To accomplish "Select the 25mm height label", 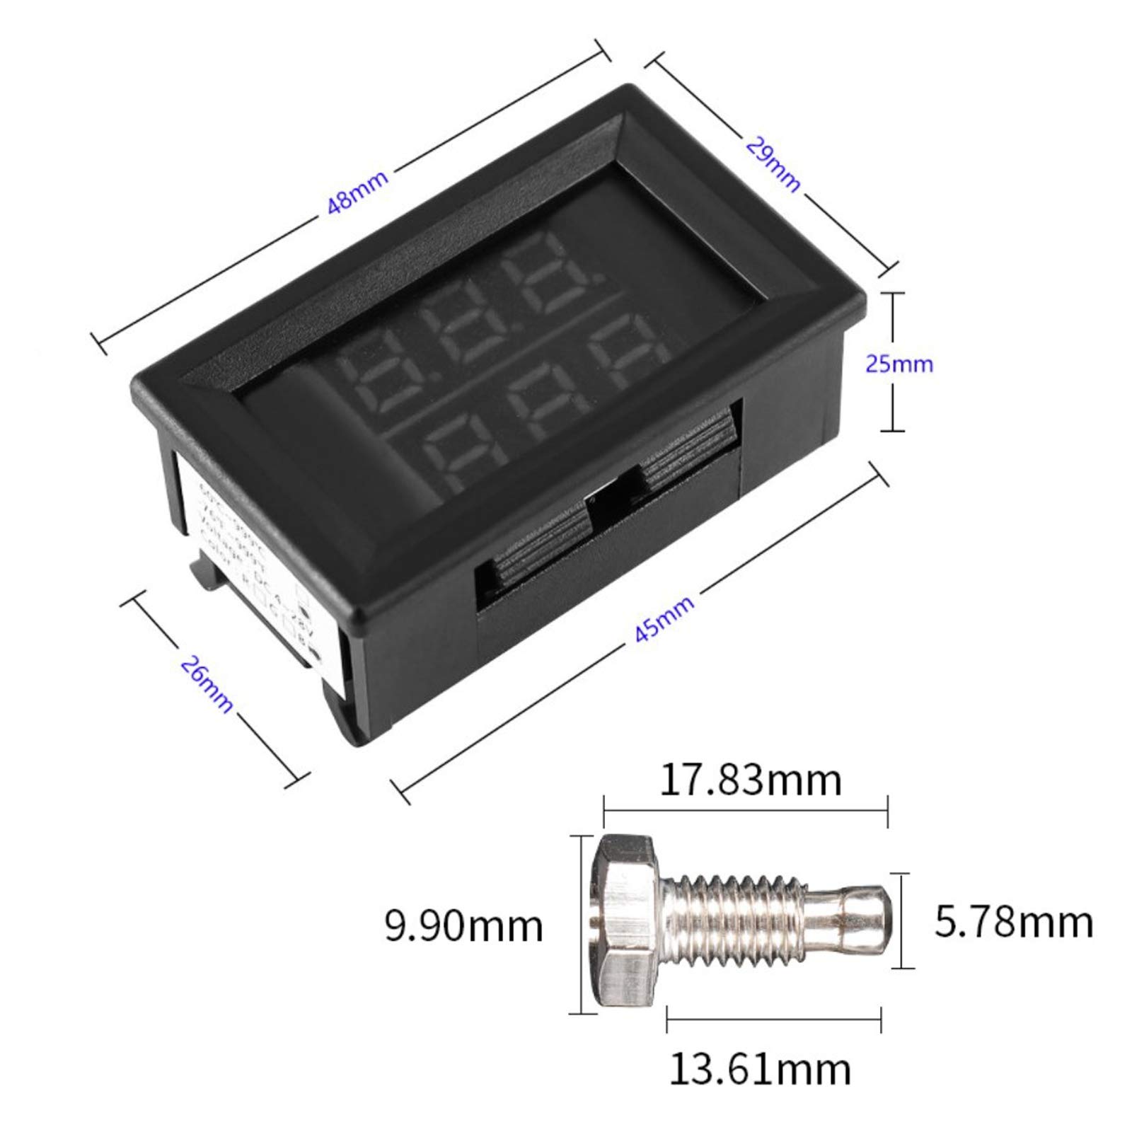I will click(x=899, y=364).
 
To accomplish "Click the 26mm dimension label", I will click(x=206, y=683).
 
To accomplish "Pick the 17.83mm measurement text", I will click(x=750, y=780).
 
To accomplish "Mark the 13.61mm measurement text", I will click(x=760, y=1089).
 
